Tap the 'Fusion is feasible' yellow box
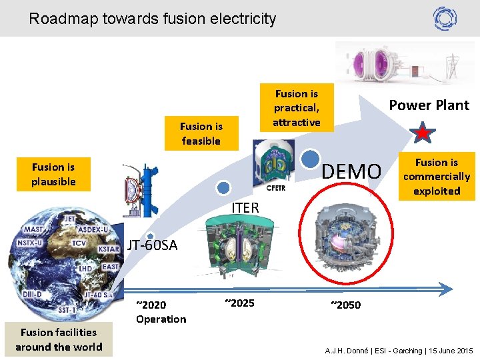coord(201,133)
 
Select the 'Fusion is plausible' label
coord(53,174)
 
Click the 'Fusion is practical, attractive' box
coord(297,108)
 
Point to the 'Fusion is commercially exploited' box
coord(437,176)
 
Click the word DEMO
coord(351,172)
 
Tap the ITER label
coord(245,208)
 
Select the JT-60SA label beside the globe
coord(153,245)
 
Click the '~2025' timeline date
coord(239,303)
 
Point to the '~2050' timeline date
coord(345,305)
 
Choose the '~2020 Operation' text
coord(161,312)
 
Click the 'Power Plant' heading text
coord(429,105)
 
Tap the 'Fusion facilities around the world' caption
coord(59,339)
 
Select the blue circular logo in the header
coord(445,18)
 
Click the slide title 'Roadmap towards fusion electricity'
coord(153,19)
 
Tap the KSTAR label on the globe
coord(109,249)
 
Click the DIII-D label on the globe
coord(33,294)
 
